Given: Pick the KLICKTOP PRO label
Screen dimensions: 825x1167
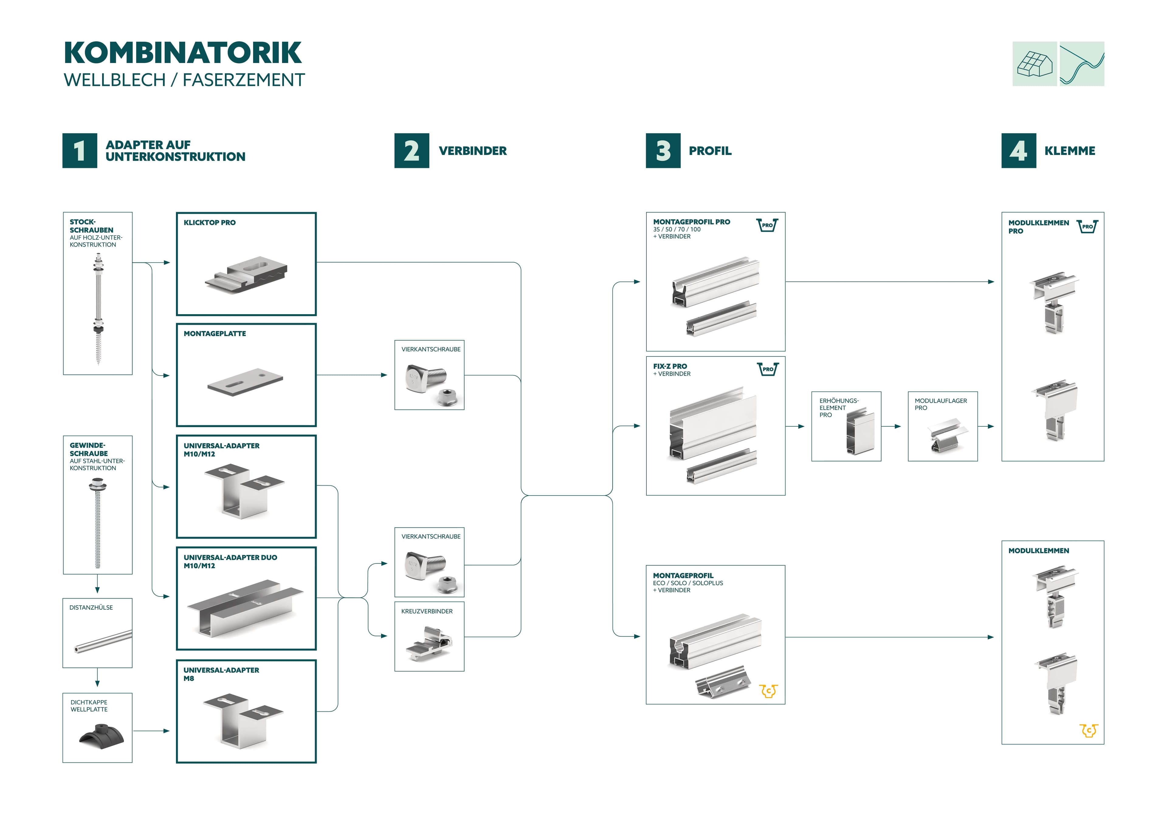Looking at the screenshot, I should pyautogui.click(x=209, y=223).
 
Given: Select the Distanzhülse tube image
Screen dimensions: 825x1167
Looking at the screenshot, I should pyautogui.click(x=103, y=641).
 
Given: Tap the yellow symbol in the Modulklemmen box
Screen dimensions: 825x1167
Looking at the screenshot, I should pyautogui.click(x=1089, y=730).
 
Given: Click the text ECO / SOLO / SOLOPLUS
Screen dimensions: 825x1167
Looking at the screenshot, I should pyautogui.click(x=688, y=583).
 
